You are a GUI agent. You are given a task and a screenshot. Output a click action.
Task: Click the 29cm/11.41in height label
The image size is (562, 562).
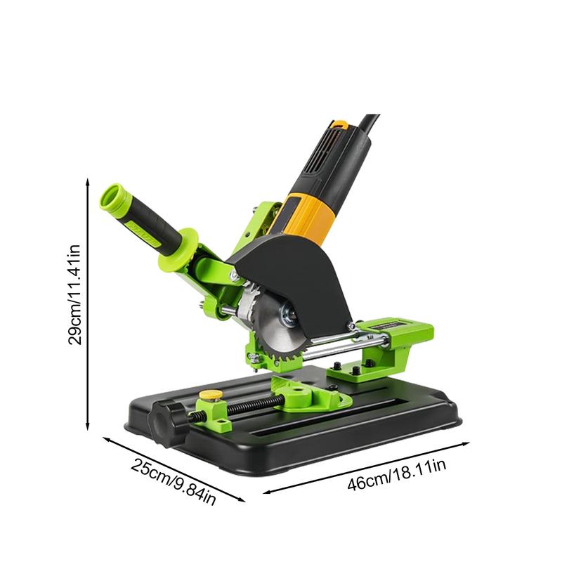point(74,295)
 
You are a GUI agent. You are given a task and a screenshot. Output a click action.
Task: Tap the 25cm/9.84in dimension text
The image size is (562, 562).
point(174,481)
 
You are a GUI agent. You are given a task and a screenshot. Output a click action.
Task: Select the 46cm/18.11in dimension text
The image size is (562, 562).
point(397,474)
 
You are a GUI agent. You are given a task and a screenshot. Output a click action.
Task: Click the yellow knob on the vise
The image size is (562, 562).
point(211,395)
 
